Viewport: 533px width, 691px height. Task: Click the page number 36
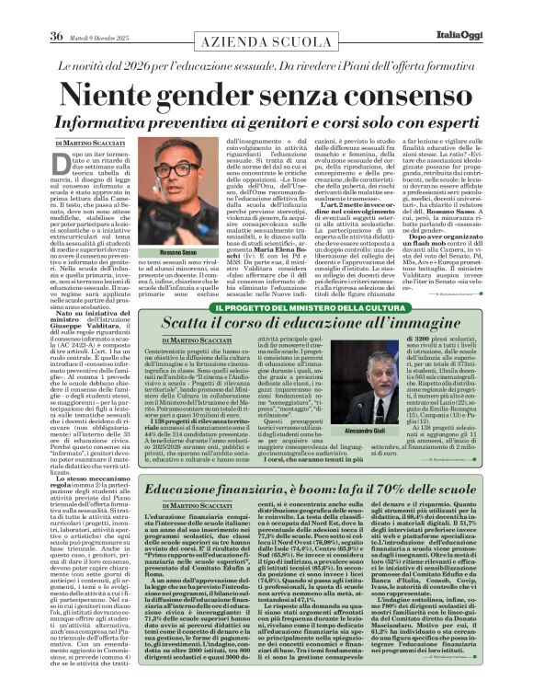[x=30, y=11]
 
